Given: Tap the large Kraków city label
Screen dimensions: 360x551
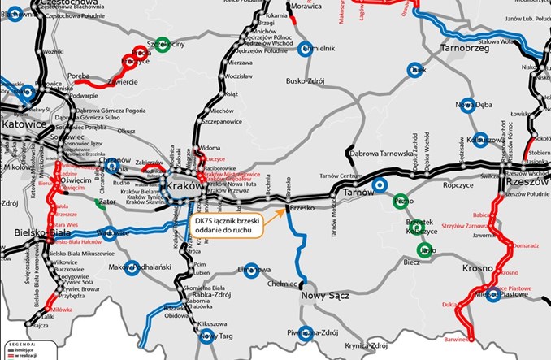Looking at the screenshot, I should click(185, 188).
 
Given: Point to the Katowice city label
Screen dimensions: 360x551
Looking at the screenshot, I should click(26, 126).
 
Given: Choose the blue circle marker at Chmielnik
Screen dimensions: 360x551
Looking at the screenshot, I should click(305, 48).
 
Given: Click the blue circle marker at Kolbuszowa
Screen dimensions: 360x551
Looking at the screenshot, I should click(481, 139).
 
